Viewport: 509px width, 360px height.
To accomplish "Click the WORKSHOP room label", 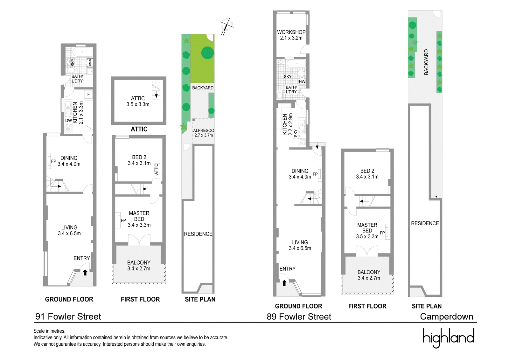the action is (x=291, y=32).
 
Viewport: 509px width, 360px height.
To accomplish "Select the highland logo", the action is (x=448, y=338).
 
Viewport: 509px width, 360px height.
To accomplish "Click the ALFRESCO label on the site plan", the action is (x=204, y=131).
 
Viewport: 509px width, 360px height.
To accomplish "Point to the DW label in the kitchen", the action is (x=68, y=121).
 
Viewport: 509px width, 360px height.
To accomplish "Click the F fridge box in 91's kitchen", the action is (x=89, y=95).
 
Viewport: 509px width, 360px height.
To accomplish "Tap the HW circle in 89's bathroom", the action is (x=302, y=81).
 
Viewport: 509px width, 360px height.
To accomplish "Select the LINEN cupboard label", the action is (x=90, y=63).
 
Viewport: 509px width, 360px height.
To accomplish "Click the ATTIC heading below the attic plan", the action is (x=139, y=129).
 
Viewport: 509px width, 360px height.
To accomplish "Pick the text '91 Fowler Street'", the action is (x=68, y=317).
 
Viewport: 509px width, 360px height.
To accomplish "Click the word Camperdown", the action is (x=447, y=317).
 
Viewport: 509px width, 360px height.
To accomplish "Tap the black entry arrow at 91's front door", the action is (x=85, y=272).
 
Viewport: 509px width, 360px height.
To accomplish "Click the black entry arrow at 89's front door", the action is (x=284, y=283).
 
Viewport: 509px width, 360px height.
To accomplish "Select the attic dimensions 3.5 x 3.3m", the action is (x=138, y=104).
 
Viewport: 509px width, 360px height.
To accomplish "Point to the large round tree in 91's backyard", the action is (x=207, y=53).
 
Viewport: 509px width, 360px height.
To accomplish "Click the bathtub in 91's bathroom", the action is (x=82, y=52).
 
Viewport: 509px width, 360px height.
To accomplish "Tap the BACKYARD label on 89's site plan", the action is (x=426, y=62).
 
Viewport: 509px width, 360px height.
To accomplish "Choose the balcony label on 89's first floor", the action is (x=369, y=275).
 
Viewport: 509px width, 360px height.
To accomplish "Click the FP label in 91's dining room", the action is (x=54, y=161).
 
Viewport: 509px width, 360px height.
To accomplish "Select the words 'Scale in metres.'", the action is (x=49, y=331).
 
